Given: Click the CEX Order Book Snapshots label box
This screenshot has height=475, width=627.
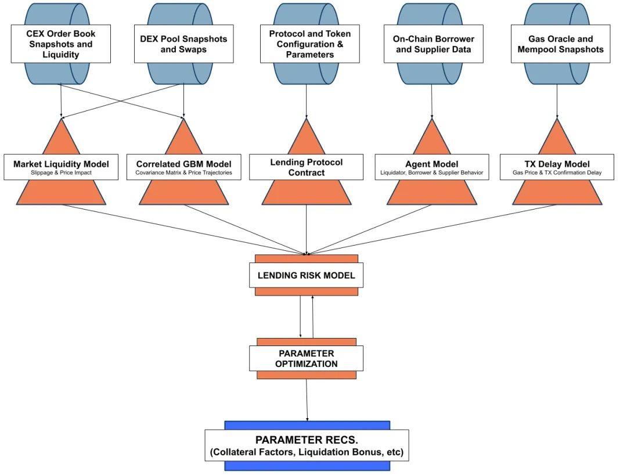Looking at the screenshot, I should pyautogui.click(x=60, y=44).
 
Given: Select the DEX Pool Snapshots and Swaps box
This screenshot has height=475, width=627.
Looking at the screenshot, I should pyautogui.click(x=183, y=44).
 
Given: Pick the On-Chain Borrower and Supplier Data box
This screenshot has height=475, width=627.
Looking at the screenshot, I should pyautogui.click(x=433, y=44).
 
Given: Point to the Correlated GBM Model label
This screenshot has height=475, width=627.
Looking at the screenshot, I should pyautogui.click(x=183, y=164).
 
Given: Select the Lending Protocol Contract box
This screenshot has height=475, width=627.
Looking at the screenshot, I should pyautogui.click(x=306, y=167).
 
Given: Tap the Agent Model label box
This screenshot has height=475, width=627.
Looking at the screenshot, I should pyautogui.click(x=431, y=164).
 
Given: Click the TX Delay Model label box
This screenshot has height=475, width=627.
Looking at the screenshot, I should pyautogui.click(x=557, y=164).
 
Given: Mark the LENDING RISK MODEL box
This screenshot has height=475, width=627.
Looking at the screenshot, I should pyautogui.click(x=306, y=275).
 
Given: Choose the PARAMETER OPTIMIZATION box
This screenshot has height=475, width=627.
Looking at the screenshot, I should pyautogui.click(x=306, y=359).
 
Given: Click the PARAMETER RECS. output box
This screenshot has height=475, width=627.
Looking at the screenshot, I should pyautogui.click(x=307, y=445).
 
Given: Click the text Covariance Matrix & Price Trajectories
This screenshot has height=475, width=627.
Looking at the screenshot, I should pyautogui.click(x=183, y=173).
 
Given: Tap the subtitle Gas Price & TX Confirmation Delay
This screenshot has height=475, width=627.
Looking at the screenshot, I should pyautogui.click(x=557, y=173).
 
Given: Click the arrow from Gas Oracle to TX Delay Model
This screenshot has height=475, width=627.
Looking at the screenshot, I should pyautogui.click(x=557, y=102).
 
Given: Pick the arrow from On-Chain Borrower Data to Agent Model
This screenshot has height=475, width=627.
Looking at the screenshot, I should pyautogui.click(x=432, y=102).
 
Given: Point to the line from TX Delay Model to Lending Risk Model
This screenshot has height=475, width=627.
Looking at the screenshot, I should pyautogui.click(x=433, y=229).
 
